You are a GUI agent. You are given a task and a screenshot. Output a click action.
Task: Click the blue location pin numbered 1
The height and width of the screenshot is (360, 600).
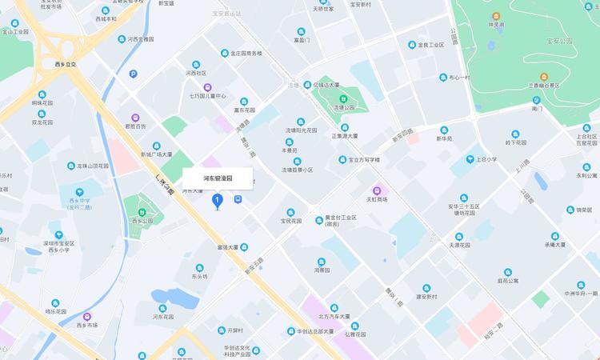point(217,200)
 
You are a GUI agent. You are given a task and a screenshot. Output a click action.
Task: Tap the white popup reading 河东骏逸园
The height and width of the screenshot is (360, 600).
point(218,178)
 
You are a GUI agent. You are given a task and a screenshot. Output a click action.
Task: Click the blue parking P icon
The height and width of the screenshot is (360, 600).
point(133,74)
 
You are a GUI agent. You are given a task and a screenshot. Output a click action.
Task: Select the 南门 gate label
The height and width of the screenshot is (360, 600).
point(537,108)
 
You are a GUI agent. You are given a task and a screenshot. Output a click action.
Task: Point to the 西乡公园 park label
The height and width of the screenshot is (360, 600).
point(142,220)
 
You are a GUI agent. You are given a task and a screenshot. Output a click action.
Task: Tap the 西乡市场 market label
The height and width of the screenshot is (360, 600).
point(86,326)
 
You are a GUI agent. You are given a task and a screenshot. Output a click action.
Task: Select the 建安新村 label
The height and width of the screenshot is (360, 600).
point(426,297)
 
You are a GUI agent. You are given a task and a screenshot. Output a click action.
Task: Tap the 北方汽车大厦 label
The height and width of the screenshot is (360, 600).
point(330,316)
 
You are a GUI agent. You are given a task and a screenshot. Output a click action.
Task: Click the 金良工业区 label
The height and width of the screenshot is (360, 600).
point(430,46)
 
